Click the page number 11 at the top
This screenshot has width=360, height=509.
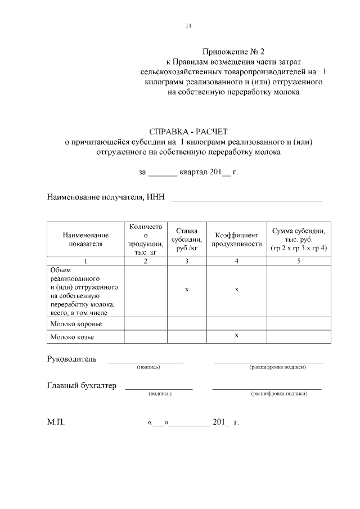click(188, 25)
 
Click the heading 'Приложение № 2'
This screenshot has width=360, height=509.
click(233, 52)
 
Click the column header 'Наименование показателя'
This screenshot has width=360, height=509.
click(85, 240)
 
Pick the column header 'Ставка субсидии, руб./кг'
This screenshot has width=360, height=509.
click(186, 239)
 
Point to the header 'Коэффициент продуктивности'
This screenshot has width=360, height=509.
click(237, 240)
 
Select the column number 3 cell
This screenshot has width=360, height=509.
click(186, 261)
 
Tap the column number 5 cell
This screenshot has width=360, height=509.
click(298, 261)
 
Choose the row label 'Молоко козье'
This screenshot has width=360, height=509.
click(72, 337)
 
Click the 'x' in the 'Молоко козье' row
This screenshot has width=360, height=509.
click(237, 335)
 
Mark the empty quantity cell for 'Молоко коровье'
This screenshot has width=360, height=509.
click(146, 325)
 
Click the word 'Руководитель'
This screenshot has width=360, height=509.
click(71, 359)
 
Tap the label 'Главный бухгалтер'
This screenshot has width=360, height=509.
click(82, 386)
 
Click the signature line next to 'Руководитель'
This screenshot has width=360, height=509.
click(145, 361)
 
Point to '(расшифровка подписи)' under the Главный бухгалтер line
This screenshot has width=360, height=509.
click(279, 394)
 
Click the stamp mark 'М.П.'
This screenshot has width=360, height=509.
click(56, 422)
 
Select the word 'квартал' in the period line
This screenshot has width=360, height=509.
click(193, 172)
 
